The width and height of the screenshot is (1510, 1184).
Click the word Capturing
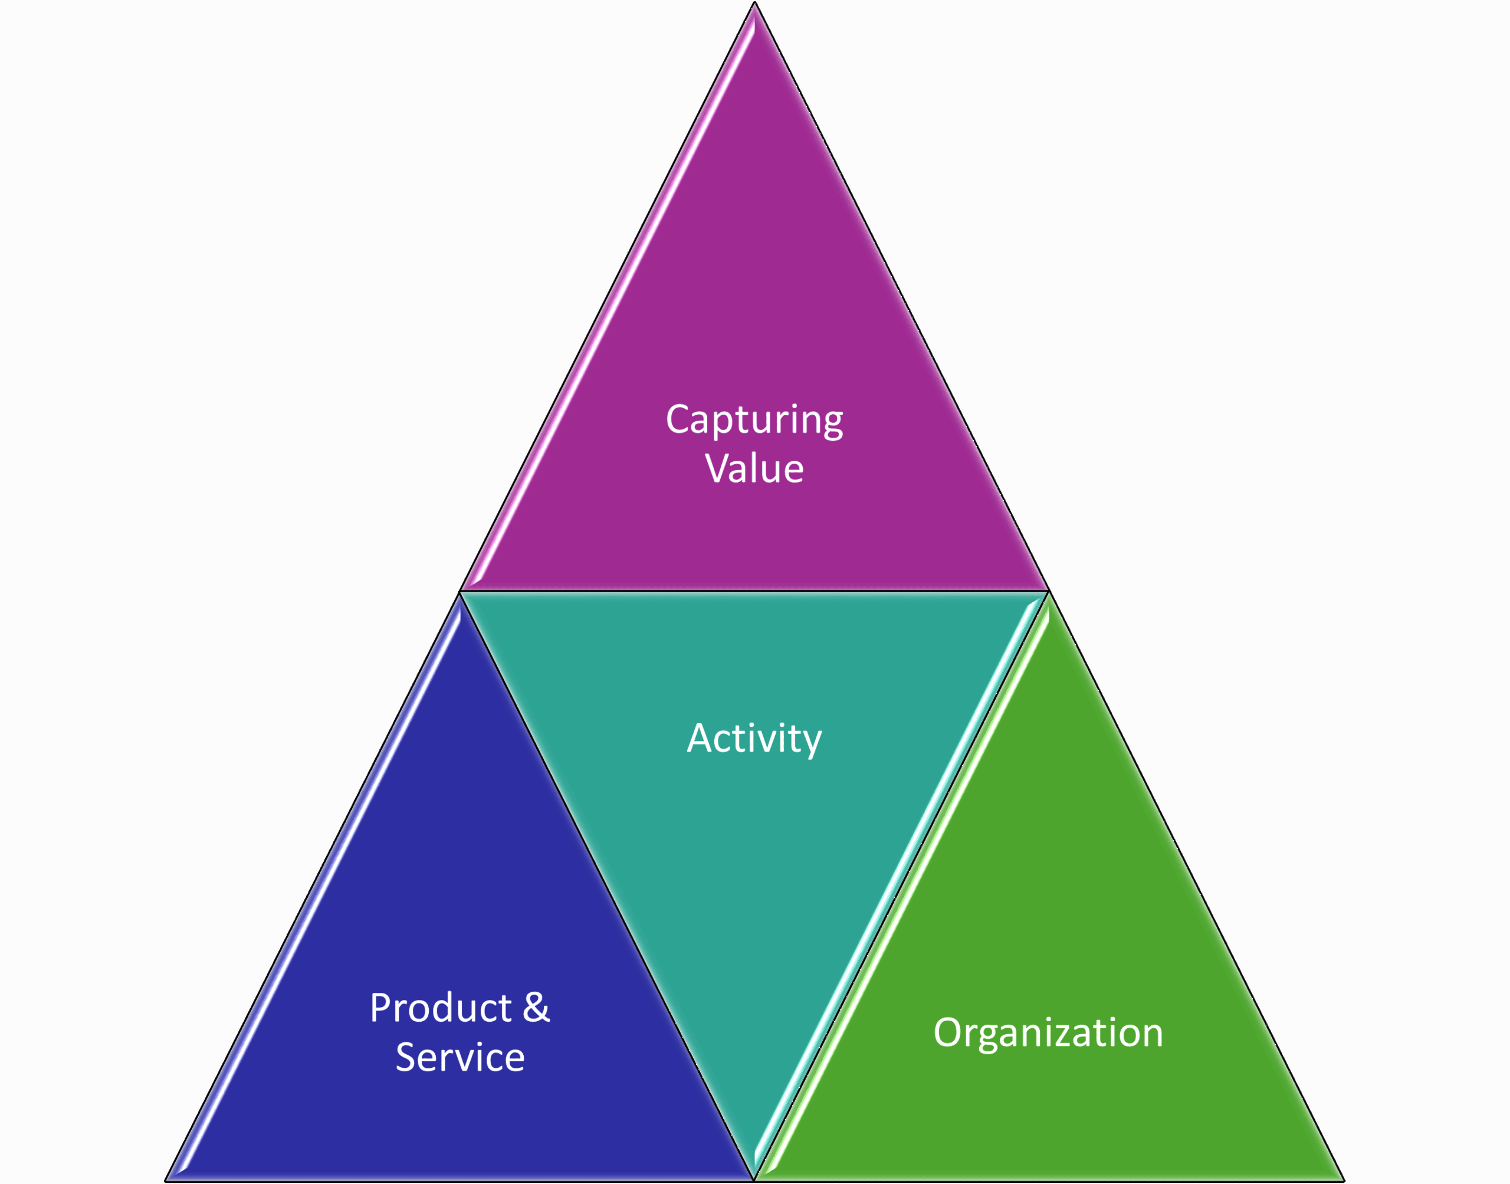pyautogui.click(x=754, y=420)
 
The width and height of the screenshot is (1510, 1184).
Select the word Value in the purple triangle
pyautogui.click(x=754, y=468)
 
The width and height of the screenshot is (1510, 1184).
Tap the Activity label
pyautogui.click(x=754, y=738)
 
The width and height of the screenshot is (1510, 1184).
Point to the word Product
pyautogui.click(x=441, y=1008)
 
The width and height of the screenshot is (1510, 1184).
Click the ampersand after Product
pyautogui.click(x=536, y=1008)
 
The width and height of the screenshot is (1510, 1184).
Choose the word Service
pyautogui.click(x=460, y=1057)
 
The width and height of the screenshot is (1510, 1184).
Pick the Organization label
pyautogui.click(x=1048, y=1032)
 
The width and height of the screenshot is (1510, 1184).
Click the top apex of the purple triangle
pyautogui.click(x=754, y=8)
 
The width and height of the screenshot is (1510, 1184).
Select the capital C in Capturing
pyautogui.click(x=677, y=420)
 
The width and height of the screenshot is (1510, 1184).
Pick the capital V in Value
pyautogui.click(x=717, y=468)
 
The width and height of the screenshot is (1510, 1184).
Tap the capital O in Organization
pyautogui.click(x=948, y=1032)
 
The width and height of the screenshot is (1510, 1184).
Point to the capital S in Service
pyautogui.click(x=407, y=1057)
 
